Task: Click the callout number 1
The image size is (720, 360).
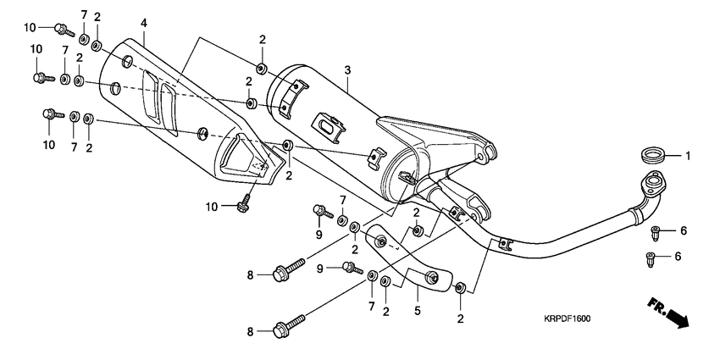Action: click(x=689, y=156)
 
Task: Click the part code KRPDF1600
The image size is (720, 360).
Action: click(x=567, y=319)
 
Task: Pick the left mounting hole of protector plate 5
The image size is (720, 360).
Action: click(x=381, y=242)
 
